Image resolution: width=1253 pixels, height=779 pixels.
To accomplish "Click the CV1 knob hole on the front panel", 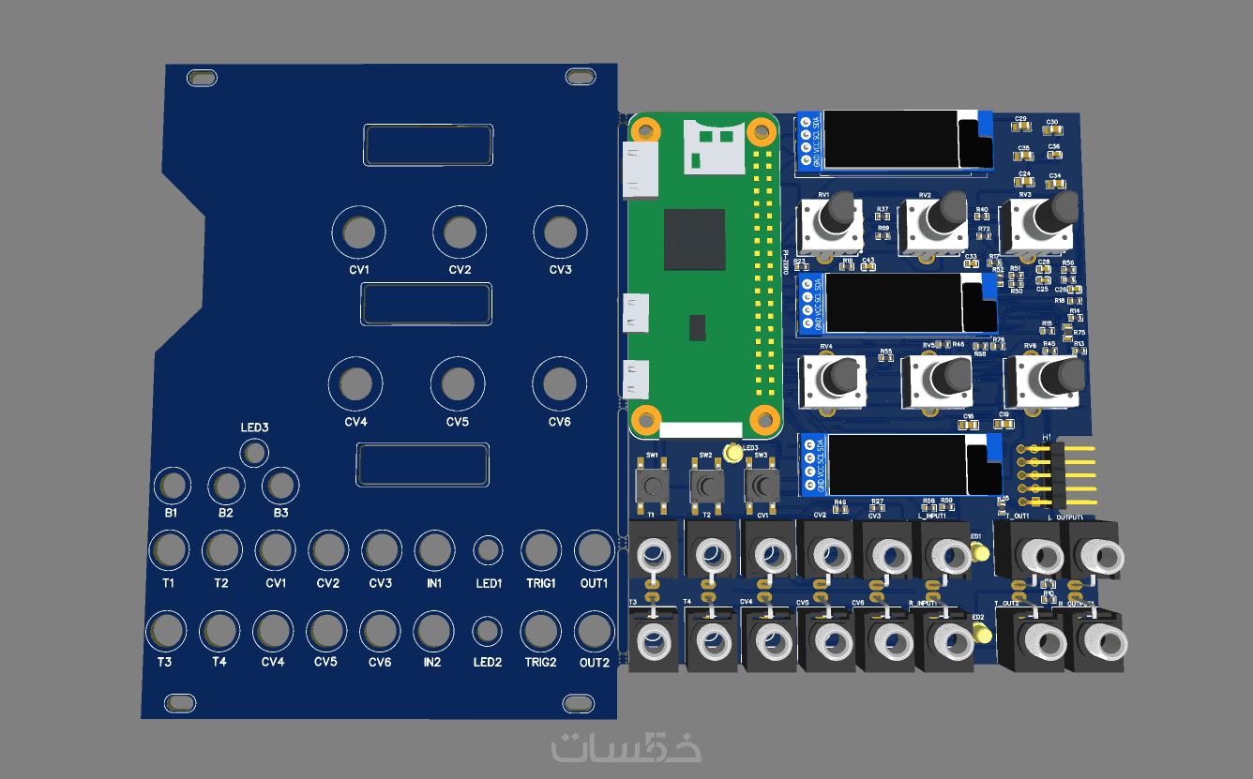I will (358, 232).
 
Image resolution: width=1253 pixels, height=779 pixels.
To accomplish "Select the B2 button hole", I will (226, 486).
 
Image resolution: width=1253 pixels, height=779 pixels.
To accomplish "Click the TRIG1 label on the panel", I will (540, 583).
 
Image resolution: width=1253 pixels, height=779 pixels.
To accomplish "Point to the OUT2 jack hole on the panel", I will (594, 631).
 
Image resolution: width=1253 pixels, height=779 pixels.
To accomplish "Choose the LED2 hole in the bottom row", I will (487, 631).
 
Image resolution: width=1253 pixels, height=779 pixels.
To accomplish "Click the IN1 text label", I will (433, 583).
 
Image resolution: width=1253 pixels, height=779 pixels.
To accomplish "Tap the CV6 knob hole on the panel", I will (560, 382).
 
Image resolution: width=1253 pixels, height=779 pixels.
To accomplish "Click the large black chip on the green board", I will (694, 240).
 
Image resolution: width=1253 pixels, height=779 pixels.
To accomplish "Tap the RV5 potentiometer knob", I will (949, 374).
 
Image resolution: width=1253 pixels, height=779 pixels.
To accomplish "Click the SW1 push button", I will (652, 485).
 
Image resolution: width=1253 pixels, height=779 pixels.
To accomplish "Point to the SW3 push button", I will (762, 485).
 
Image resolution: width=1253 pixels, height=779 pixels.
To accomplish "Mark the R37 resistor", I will (882, 217).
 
